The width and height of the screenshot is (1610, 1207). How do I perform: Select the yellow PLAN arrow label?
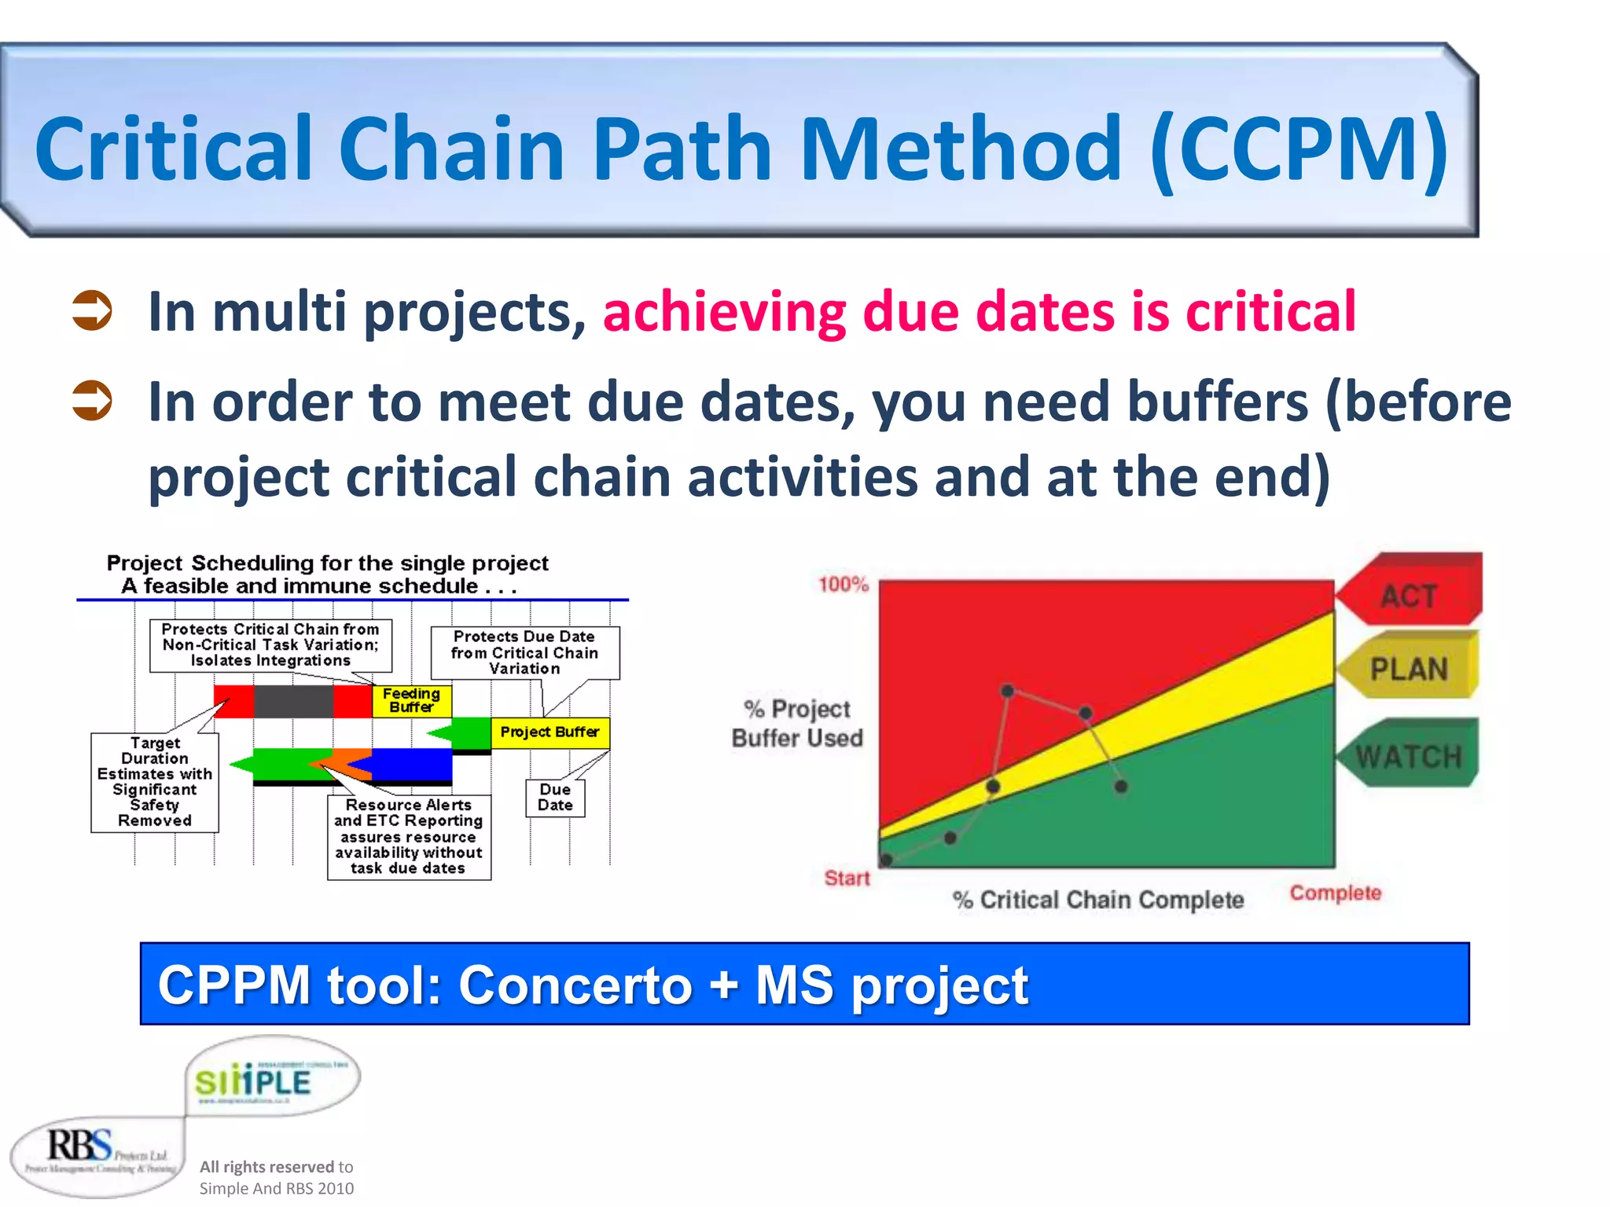(1409, 669)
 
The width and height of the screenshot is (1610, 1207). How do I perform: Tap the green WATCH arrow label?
(1409, 756)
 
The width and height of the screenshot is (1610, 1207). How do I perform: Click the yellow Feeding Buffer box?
(412, 700)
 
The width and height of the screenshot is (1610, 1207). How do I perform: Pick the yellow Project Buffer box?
(550, 732)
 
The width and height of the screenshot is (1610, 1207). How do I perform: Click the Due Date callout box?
(555, 798)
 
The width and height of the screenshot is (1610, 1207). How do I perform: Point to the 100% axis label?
(843, 585)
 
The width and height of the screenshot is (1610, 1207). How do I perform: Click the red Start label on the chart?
(847, 878)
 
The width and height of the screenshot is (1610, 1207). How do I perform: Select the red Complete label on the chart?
(1335, 893)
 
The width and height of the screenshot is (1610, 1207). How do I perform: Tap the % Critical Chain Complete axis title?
(1098, 900)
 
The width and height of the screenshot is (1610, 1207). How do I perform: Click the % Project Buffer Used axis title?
(797, 723)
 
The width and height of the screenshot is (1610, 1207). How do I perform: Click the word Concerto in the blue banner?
(575, 985)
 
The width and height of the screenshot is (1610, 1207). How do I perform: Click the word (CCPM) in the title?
(1299, 149)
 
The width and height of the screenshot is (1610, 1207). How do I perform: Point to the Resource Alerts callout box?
(409, 837)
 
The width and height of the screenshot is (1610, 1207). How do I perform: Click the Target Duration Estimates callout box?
(155, 782)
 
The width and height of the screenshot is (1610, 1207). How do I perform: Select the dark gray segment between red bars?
(293, 701)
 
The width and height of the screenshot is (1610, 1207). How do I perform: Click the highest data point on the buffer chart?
(1007, 691)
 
